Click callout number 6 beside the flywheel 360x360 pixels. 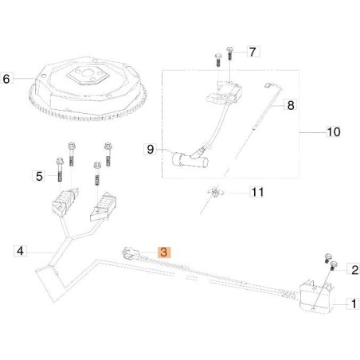coord(8,79)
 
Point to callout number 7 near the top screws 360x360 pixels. coord(253,53)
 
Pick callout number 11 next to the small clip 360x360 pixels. coord(256,192)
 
